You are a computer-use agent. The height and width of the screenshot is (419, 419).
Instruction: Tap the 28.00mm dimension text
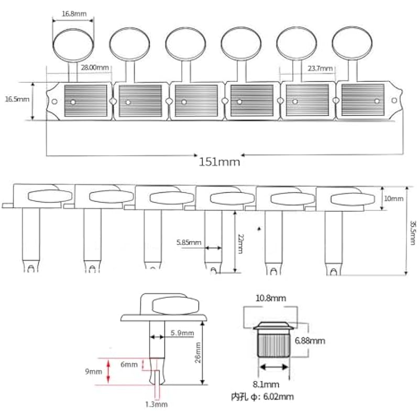point(95,68)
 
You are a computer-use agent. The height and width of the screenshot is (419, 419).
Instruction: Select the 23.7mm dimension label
point(320,69)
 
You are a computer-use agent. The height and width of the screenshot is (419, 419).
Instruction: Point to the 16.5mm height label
point(17,98)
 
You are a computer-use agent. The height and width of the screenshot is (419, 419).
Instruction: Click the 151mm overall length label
point(219,161)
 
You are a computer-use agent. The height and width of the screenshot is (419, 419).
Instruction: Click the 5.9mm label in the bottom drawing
point(182,333)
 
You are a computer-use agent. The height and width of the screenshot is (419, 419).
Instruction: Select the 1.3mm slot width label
point(157,404)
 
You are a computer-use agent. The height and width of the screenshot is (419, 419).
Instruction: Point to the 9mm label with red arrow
point(95,372)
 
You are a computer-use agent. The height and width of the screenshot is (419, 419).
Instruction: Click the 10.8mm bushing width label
point(270,298)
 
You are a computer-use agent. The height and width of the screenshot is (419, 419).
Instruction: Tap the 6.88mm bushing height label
point(310,340)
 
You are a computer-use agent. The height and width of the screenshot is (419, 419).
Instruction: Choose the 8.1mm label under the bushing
point(271,383)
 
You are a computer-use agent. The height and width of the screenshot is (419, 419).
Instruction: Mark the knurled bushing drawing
point(272,343)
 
